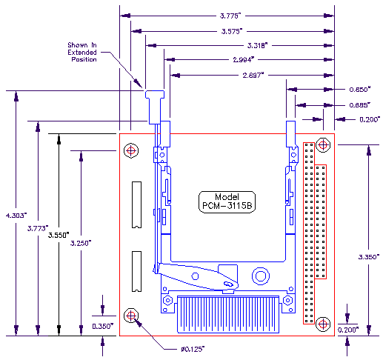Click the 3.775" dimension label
(x=230, y=16)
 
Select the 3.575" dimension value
(x=232, y=31)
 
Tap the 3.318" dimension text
(x=258, y=45)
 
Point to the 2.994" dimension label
(x=244, y=59)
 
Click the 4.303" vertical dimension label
(x=16, y=216)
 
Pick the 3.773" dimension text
(x=38, y=228)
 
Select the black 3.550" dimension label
(x=59, y=235)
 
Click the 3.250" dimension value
(x=81, y=243)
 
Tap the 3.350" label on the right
(x=369, y=257)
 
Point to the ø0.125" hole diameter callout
(x=193, y=349)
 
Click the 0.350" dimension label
(x=103, y=326)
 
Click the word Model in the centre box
(x=227, y=197)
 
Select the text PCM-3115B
(x=227, y=205)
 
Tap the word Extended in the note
(x=82, y=53)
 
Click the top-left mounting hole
(x=131, y=150)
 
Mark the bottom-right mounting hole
(x=323, y=324)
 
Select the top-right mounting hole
(x=323, y=145)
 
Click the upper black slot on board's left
(x=136, y=204)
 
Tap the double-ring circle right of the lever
(x=261, y=276)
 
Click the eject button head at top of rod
(x=155, y=94)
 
